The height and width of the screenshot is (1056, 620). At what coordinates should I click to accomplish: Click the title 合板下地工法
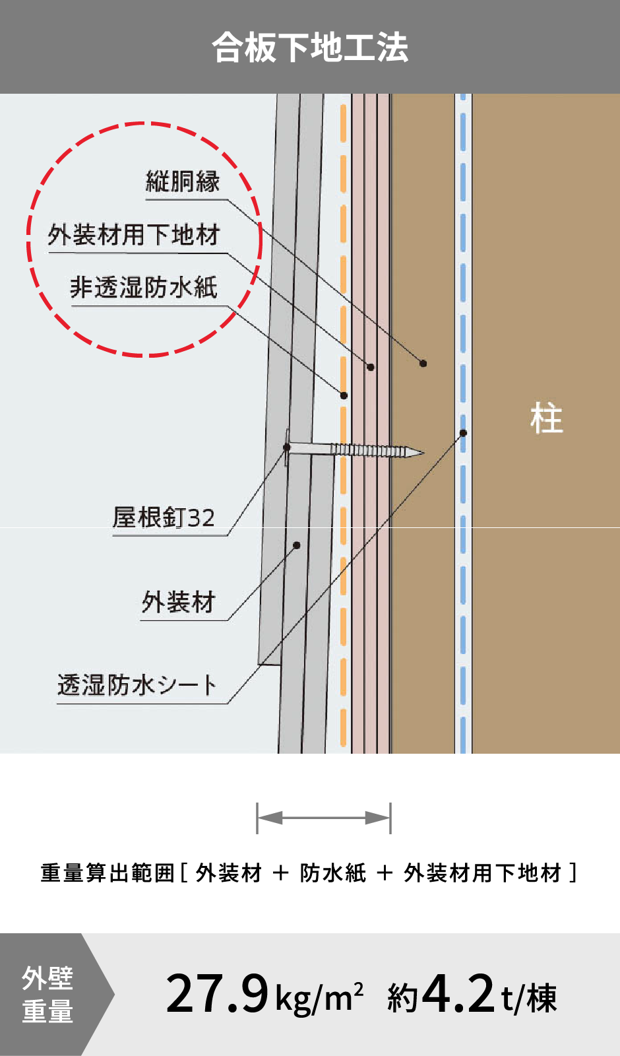pyautogui.click(x=310, y=48)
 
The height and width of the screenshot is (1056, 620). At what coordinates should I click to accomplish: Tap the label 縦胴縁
pyautogui.click(x=183, y=181)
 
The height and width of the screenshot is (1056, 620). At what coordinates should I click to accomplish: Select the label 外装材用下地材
pyautogui.click(x=134, y=235)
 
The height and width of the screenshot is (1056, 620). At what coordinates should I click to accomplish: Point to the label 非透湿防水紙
pyautogui.click(x=144, y=288)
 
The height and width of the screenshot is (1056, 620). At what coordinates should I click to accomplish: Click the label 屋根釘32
pyautogui.click(x=164, y=518)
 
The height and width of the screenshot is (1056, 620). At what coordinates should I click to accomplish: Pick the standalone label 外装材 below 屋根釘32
pyautogui.click(x=179, y=603)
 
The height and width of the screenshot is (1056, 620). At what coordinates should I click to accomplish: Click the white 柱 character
pyautogui.click(x=546, y=419)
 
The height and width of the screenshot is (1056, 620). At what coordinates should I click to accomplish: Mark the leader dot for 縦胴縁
pyautogui.click(x=423, y=363)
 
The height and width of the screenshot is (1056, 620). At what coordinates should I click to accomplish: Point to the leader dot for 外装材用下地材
pyautogui.click(x=371, y=367)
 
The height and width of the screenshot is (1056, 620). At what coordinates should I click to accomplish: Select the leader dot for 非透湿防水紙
pyautogui.click(x=344, y=395)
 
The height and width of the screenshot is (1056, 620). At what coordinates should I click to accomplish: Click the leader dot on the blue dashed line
pyautogui.click(x=463, y=433)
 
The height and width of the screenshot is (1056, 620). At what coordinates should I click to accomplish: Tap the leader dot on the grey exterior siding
pyautogui.click(x=297, y=545)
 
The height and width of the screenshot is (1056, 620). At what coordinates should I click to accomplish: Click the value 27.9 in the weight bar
pyautogui.click(x=217, y=994)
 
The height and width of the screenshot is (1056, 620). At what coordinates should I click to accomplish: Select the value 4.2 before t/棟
pyautogui.click(x=458, y=994)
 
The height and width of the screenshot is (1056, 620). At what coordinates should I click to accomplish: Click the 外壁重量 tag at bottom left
pyautogui.click(x=47, y=995)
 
